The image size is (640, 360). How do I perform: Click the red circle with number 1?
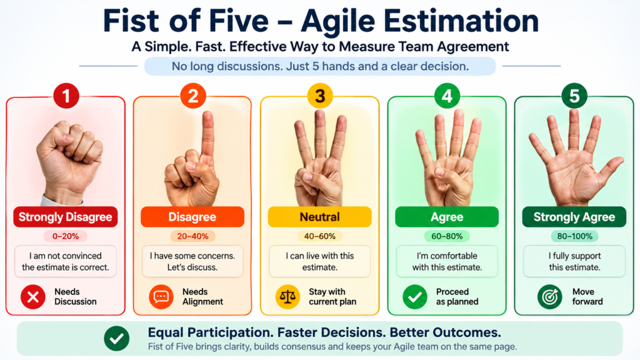[x=66, y=96]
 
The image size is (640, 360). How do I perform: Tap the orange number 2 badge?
[x=193, y=96]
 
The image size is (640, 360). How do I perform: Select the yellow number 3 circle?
[x=321, y=96]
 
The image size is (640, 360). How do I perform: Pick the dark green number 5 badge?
[x=574, y=96]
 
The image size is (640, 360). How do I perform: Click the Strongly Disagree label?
[x=65, y=217]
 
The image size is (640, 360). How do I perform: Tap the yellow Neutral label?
[x=319, y=217]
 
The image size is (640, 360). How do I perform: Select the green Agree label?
[x=447, y=217]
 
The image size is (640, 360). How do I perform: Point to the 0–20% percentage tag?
[x=65, y=236]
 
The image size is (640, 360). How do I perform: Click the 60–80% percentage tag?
[x=447, y=236]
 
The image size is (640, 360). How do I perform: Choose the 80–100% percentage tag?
[x=574, y=236]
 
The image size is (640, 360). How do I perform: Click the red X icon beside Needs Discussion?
[x=33, y=297]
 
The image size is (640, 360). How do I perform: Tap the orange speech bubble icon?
[x=161, y=297]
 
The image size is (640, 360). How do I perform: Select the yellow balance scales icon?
[x=287, y=297]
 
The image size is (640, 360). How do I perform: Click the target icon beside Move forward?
[x=550, y=297]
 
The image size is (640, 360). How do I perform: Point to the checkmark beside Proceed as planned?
[x=415, y=297]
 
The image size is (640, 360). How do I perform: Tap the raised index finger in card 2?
[x=207, y=132]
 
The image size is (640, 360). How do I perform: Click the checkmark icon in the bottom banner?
[x=117, y=338]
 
